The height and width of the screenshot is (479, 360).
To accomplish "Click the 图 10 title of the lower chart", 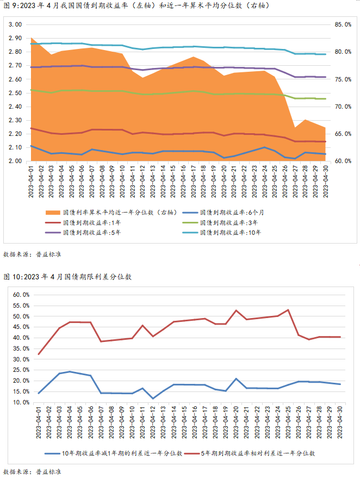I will (x=68, y=277).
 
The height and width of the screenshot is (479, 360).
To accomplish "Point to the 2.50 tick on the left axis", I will (x=15, y=93).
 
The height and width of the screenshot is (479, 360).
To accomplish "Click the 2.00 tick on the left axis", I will (x=15, y=161).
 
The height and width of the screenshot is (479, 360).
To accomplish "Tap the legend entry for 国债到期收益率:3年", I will (x=228, y=222).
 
